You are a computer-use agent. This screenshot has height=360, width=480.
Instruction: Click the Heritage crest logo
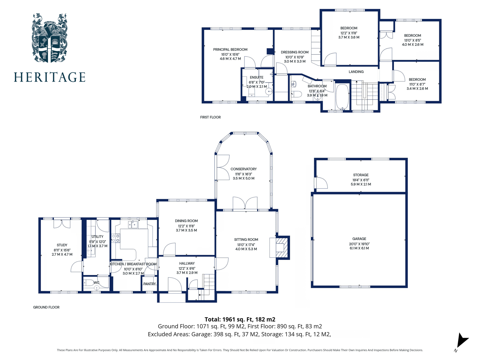[x=49, y=38]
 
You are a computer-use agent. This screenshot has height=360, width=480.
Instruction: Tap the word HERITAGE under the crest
[x=49, y=77]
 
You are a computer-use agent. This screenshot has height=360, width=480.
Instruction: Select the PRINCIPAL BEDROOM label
[x=230, y=49]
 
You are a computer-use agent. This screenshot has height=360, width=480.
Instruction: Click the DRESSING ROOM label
[x=295, y=52]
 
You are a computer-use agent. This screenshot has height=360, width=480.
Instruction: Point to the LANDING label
[x=356, y=72]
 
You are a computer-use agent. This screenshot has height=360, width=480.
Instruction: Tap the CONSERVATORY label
[x=244, y=169]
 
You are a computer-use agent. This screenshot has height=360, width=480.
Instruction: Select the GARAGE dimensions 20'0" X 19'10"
[x=359, y=244]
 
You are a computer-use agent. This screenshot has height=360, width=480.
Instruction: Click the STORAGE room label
[x=361, y=175]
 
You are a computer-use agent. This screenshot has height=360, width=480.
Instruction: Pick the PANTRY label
[x=149, y=284]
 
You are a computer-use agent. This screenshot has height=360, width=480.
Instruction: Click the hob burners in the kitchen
[x=115, y=238]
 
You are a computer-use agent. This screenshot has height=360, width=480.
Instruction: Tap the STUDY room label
[x=62, y=245]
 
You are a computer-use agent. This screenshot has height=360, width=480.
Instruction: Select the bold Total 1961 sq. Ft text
[x=240, y=319]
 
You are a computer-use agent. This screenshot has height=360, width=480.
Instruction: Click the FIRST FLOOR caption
[x=210, y=117]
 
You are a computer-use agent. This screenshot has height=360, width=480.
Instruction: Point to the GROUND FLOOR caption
[x=46, y=307]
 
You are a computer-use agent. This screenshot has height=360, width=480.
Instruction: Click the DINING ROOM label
[x=186, y=221]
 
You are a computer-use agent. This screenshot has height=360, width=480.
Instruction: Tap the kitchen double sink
[x=133, y=225]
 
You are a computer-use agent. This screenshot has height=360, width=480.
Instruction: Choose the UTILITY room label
[x=97, y=237]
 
